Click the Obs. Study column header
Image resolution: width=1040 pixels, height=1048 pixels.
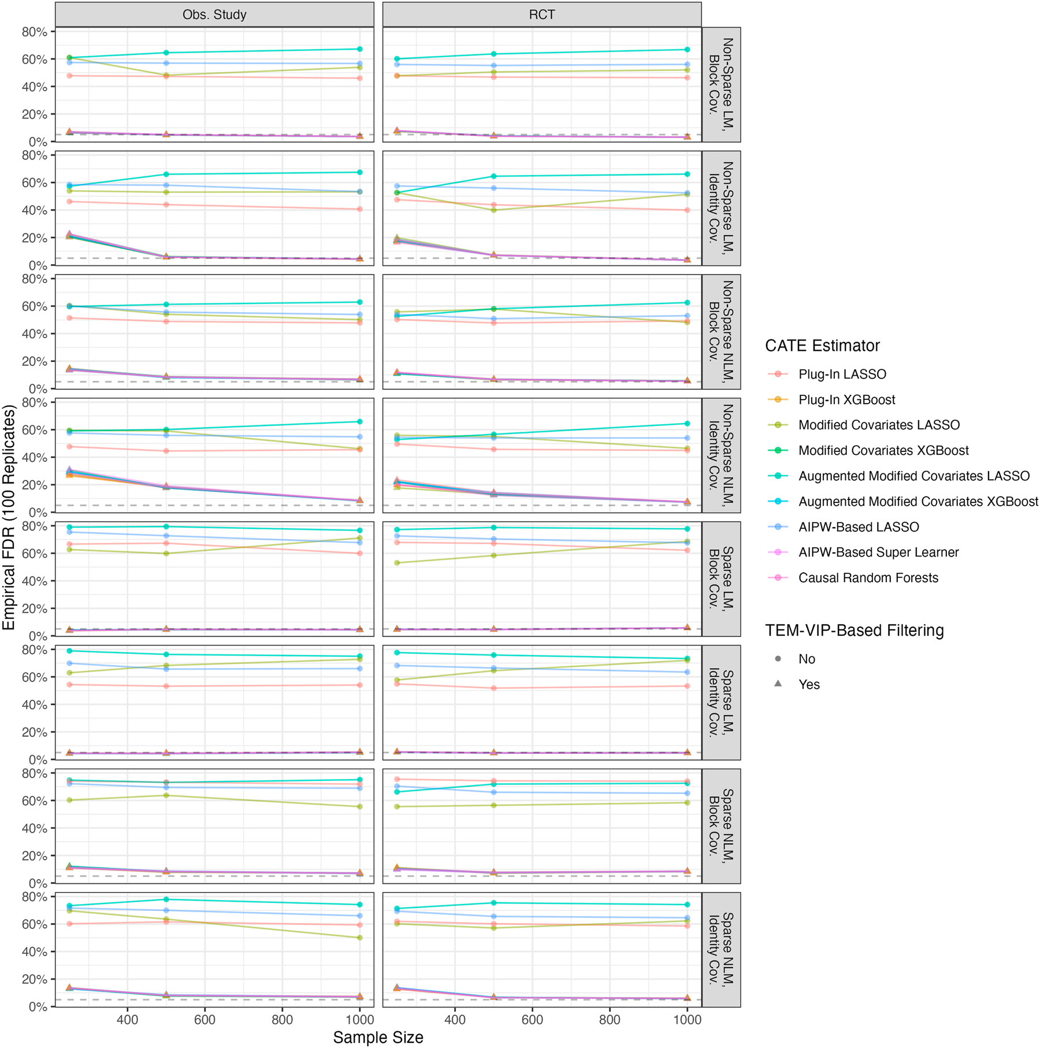coord(214,14)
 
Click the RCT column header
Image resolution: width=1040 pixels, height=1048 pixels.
coord(541,14)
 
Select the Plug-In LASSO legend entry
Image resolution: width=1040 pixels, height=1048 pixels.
coord(842,374)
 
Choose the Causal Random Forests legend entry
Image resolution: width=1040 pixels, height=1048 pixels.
coord(868,577)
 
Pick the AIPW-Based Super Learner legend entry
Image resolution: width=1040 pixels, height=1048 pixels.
coord(878,552)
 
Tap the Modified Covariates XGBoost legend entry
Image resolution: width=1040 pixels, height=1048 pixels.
coord(883,450)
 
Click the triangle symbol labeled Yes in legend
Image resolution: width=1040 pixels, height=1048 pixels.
coord(778,684)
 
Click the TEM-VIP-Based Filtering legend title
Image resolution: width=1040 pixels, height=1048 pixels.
coord(854,630)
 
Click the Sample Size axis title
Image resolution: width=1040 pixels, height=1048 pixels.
coord(378,1037)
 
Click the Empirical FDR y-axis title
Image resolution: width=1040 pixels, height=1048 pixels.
coord(9,517)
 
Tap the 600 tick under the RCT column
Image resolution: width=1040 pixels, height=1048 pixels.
coord(532,1019)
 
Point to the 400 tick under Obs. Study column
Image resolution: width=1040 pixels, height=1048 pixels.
coord(127,1019)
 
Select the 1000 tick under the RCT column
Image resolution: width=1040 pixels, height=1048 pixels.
coord(687,1019)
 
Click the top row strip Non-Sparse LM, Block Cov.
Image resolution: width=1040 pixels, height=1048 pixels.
coord(721,84)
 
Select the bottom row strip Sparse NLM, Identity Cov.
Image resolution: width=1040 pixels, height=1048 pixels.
coord(721,949)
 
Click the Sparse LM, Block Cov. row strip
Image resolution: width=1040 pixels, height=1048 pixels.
coord(721,579)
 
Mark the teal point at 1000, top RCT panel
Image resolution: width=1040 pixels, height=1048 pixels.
coord(687,50)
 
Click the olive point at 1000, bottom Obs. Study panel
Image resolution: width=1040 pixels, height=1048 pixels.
coord(360,938)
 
